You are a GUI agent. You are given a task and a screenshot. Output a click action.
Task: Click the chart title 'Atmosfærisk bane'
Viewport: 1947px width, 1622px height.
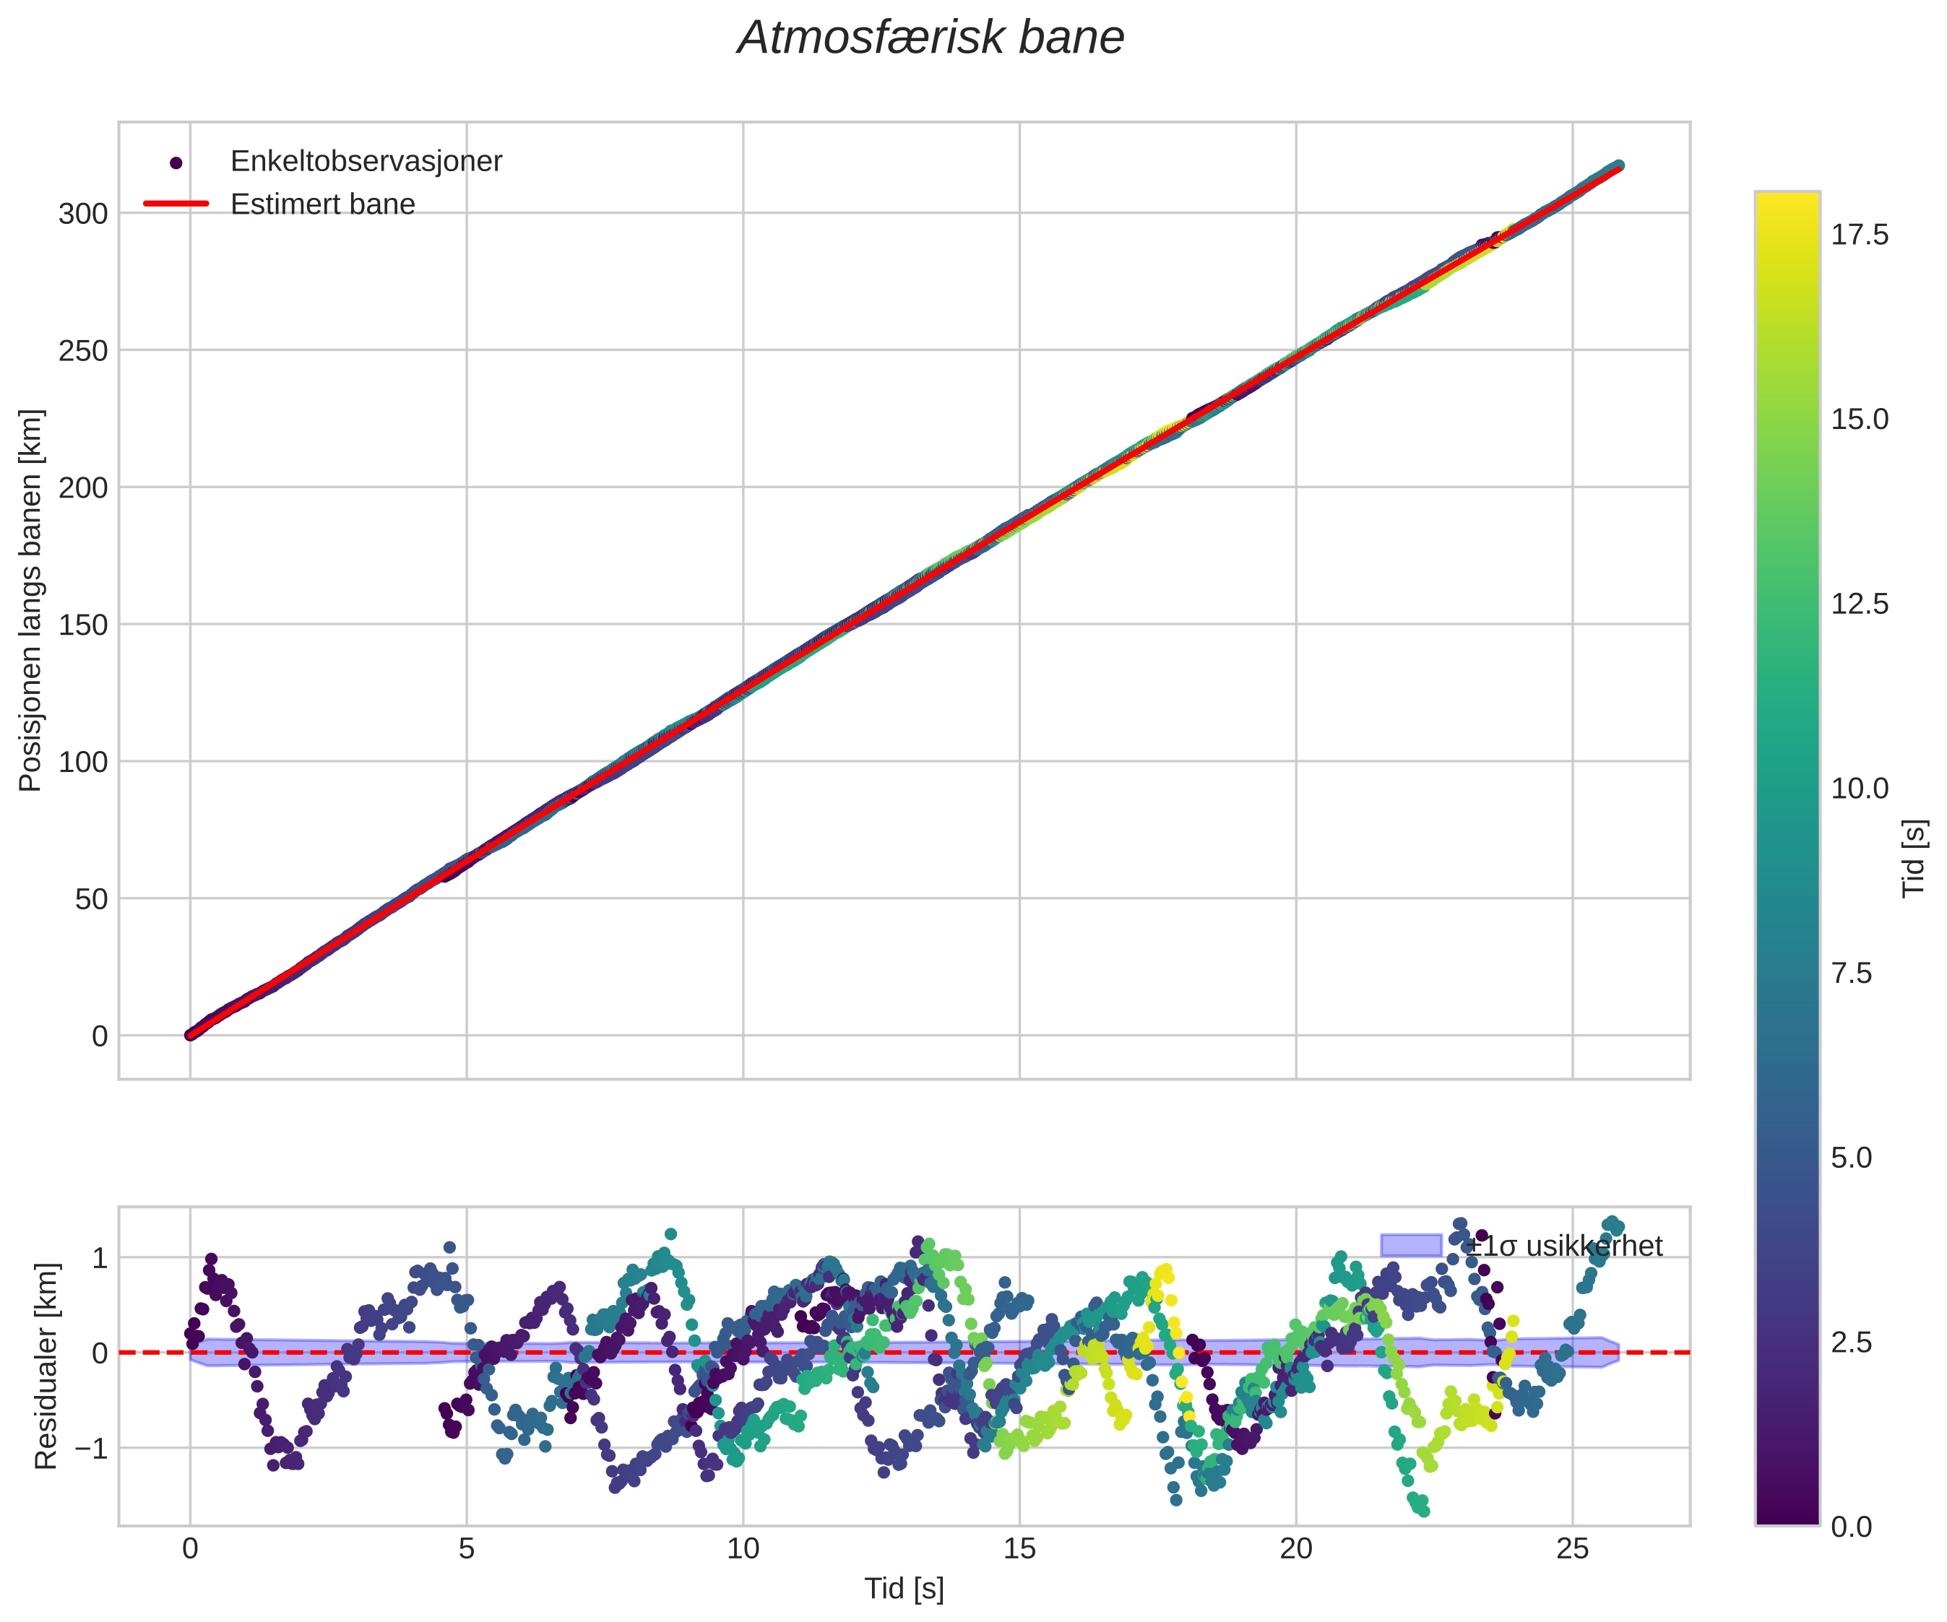[930, 39]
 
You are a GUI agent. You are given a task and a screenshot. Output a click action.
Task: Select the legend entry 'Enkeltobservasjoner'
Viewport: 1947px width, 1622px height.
[366, 161]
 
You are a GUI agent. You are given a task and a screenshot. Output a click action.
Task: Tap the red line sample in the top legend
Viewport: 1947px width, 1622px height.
[176, 204]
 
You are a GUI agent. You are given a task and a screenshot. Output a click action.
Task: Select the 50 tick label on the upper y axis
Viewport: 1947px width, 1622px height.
[91, 899]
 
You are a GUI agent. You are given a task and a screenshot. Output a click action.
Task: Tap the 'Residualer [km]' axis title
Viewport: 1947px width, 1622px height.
[46, 1366]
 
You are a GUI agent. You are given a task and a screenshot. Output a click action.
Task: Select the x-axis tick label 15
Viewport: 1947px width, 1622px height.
[1019, 1549]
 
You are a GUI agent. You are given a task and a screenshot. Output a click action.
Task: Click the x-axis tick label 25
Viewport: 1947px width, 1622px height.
[1571, 1549]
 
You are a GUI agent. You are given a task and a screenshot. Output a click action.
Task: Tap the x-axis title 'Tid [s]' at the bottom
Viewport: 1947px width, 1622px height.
[904, 1589]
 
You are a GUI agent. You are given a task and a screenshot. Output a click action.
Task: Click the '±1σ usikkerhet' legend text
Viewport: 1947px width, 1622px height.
[1564, 1246]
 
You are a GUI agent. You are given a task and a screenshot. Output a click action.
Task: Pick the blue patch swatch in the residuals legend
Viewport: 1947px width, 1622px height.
[1410, 1245]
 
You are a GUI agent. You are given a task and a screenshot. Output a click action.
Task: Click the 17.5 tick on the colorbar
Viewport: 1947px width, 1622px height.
[1859, 235]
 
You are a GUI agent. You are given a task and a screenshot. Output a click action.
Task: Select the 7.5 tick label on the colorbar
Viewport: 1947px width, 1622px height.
[1851, 973]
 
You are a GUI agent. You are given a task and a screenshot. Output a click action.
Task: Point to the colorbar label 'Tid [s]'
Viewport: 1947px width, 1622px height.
[1914, 858]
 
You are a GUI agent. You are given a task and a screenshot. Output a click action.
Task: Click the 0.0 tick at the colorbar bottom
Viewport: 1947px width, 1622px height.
[1851, 1527]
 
